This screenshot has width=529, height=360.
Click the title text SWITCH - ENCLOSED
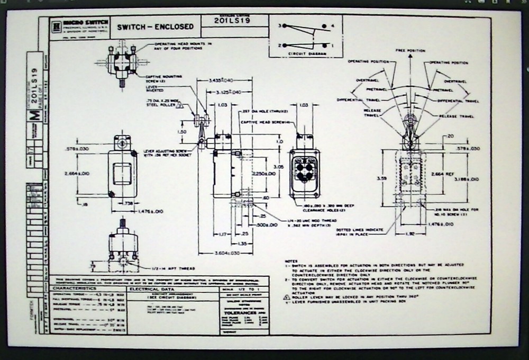pyautogui.click(x=155, y=26)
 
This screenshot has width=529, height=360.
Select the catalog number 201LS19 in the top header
pyautogui.click(x=232, y=21)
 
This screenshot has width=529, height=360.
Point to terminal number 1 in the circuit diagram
pyautogui.click(x=332, y=46)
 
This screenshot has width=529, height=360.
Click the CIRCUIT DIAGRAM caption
pyautogui.click(x=306, y=55)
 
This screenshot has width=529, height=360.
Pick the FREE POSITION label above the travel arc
pyautogui.click(x=410, y=51)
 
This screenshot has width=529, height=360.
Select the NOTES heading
pyautogui.click(x=290, y=260)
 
